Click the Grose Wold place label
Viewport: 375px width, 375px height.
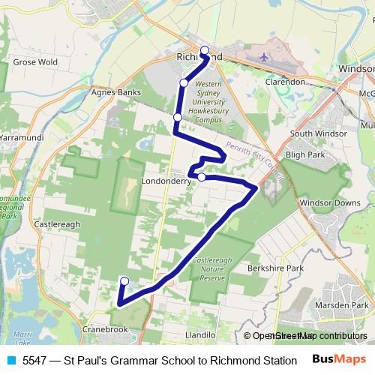pos(36,61)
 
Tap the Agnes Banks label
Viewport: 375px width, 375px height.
pos(111,94)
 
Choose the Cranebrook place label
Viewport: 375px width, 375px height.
pos(107,329)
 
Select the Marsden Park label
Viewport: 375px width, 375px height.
pos(341,305)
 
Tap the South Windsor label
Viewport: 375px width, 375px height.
pos(316,133)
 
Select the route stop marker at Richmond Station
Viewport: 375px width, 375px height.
pos(205,50)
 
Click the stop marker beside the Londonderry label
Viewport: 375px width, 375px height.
pos(202,177)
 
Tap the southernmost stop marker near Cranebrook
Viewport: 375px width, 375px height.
pos(124,281)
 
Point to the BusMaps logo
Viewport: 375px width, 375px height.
pos(339,360)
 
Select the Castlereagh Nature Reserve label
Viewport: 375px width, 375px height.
pos(208,268)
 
